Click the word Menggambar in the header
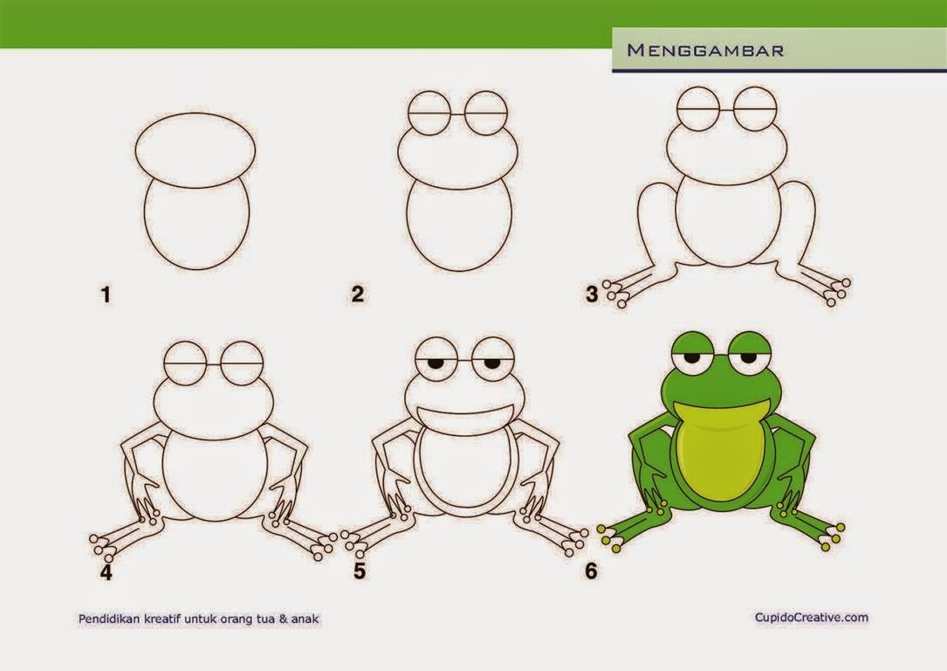coord(705,50)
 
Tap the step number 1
coord(106,295)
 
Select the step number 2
coord(358,294)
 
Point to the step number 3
coord(592,294)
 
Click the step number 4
coord(106,572)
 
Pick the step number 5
coord(360,570)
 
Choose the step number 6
coord(591,571)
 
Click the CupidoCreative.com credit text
coord(811,617)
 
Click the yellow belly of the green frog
coord(720,450)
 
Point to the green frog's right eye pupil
coord(748,358)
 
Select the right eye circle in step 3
coord(756,87)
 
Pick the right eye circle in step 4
coord(243,342)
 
